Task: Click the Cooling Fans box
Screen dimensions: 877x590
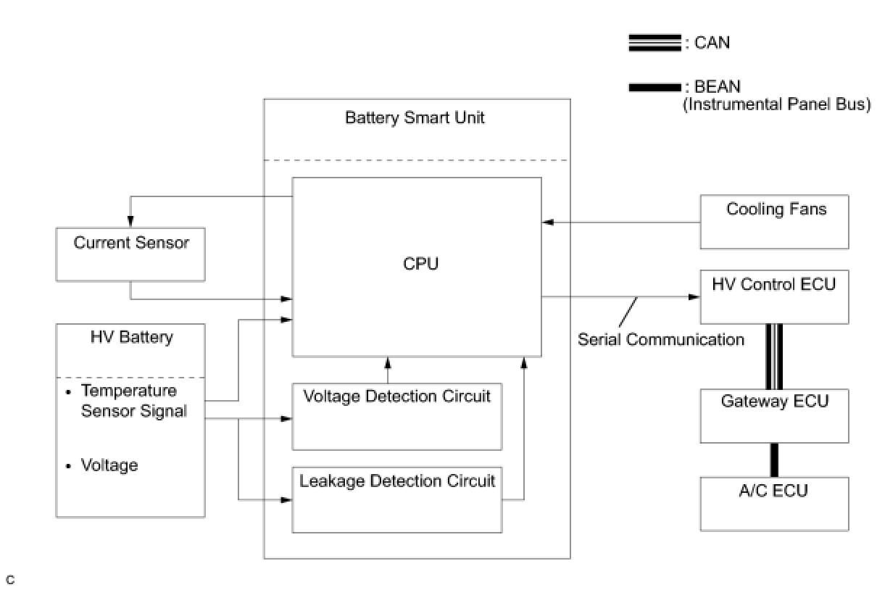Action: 774,222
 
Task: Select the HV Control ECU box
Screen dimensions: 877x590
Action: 774,296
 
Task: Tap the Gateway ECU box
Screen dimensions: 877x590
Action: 774,416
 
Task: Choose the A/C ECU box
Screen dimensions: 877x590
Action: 774,504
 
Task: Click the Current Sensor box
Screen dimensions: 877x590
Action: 130,254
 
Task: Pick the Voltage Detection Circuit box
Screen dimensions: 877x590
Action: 397,417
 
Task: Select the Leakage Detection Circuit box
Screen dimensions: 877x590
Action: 397,499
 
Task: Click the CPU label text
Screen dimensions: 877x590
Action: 420,264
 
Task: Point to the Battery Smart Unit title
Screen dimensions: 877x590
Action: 415,117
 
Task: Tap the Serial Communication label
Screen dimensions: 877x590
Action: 661,339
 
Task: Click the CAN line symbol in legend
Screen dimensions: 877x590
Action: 654,43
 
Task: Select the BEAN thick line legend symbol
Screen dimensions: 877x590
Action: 654,87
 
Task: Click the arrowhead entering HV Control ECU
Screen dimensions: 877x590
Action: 694,296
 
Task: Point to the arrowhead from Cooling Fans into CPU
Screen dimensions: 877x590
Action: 548,222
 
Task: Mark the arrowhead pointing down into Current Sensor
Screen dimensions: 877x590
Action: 130,221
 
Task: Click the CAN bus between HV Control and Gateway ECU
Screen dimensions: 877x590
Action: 774,357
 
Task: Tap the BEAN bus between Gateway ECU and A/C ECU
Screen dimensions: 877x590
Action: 774,460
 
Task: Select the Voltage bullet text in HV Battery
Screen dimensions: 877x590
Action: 109,465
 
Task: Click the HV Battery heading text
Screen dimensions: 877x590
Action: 132,337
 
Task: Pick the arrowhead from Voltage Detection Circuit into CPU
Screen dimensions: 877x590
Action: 388,363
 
